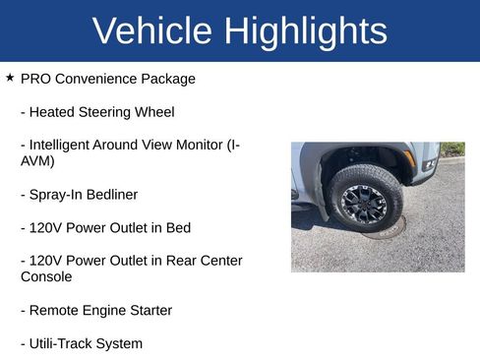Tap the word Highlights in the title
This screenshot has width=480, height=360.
[x=306, y=31]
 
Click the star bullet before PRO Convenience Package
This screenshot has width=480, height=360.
[x=10, y=77]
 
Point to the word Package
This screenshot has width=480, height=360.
[x=166, y=79]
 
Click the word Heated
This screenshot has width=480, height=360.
[x=53, y=111]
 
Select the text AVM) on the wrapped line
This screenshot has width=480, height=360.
[x=37, y=161]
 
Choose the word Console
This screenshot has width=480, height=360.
[x=46, y=277]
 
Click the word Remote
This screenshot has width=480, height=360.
[x=55, y=311]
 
